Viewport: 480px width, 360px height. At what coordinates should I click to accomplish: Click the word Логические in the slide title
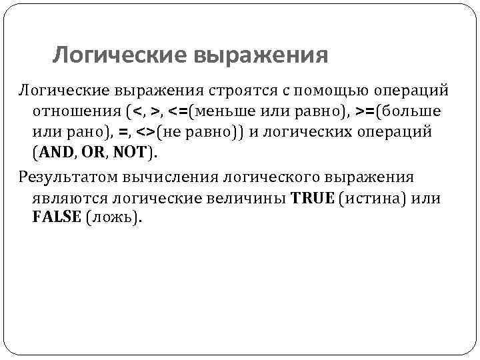click(119, 55)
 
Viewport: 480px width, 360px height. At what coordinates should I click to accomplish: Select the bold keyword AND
click(57, 153)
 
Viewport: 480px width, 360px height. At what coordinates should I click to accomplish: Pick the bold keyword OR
click(94, 153)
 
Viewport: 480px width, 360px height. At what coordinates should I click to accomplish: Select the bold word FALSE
click(56, 219)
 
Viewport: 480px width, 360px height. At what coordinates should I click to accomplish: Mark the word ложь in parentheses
click(113, 219)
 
